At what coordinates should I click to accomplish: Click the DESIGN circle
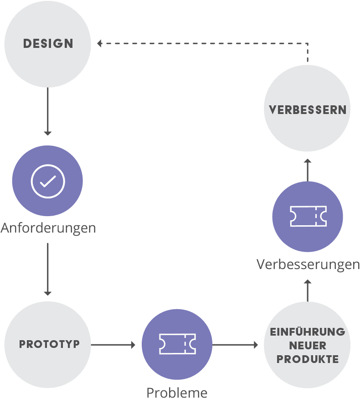click(48, 44)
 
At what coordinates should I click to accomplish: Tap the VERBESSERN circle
click(307, 110)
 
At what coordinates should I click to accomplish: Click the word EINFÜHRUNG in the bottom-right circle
click(307, 332)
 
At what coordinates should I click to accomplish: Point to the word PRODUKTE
click(307, 359)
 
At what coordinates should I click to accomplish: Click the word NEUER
click(307, 346)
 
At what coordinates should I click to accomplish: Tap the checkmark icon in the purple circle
click(48, 181)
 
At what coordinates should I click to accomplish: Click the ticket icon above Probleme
click(177, 344)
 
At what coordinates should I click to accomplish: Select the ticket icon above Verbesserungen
click(308, 216)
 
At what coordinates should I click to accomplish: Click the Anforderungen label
click(48, 228)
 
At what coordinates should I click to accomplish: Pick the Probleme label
click(177, 392)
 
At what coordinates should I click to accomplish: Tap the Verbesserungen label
click(308, 264)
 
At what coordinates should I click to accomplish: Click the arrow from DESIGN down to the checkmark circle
click(48, 112)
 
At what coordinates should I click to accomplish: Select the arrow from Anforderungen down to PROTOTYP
click(48, 269)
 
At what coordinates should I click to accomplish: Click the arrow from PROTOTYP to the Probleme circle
click(113, 345)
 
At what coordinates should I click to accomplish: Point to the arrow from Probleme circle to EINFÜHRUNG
click(235, 345)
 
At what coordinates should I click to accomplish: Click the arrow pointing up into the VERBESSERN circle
click(308, 170)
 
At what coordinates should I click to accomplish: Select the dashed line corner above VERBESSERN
click(308, 44)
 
